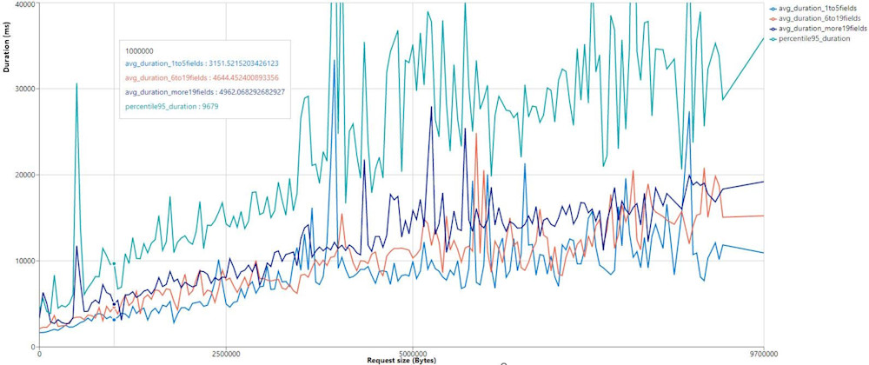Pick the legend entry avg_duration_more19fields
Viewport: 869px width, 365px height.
(x=819, y=28)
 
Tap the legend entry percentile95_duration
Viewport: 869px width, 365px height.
(x=813, y=37)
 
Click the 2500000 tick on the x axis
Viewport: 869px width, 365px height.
(x=226, y=354)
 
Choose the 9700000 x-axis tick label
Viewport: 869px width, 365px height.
(x=762, y=354)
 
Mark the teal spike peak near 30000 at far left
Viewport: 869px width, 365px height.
(x=76, y=84)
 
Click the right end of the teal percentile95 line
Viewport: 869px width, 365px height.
(x=763, y=37)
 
